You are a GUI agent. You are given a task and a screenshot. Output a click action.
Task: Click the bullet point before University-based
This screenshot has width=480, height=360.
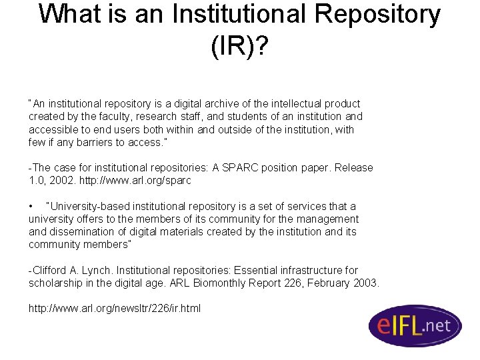click(31, 207)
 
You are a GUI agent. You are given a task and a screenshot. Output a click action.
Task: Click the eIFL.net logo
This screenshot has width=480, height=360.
click(415, 325)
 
